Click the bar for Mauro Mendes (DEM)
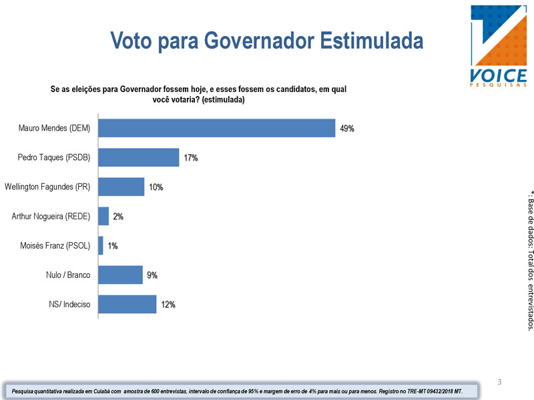(216, 128)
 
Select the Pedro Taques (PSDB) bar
(139, 157)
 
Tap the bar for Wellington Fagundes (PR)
(121, 187)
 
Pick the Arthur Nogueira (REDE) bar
(103, 216)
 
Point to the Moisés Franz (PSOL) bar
(101, 245)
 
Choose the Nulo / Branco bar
(121, 275)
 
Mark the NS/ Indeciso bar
(127, 304)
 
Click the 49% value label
(347, 129)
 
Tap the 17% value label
(191, 158)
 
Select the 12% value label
(168, 305)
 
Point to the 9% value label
(152, 275)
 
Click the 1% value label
(113, 246)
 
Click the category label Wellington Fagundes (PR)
(47, 187)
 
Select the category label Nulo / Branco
(68, 275)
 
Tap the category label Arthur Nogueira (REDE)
(51, 216)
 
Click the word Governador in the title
(259, 41)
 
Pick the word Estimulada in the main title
(372, 41)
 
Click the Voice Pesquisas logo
(499, 46)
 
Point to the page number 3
(499, 381)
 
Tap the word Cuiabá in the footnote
(111, 391)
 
